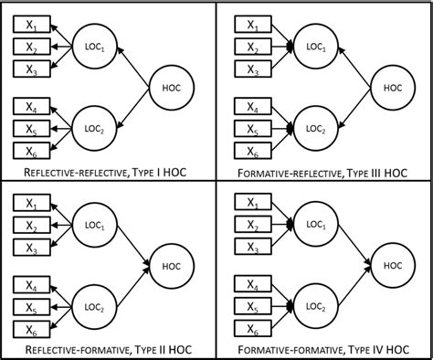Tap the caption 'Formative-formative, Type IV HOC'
coord(323,350)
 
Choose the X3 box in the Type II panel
coord(30,247)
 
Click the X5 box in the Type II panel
coord(30,308)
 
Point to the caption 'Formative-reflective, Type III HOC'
coord(323,171)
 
